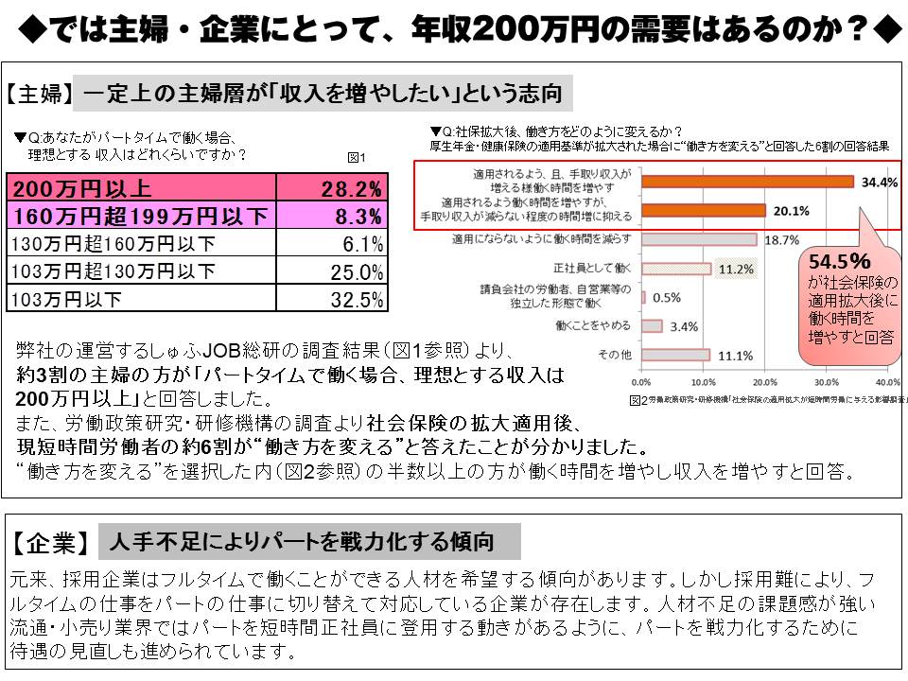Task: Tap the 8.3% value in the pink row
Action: (x=358, y=216)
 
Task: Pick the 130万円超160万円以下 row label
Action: (x=113, y=244)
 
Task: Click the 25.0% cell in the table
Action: (x=358, y=272)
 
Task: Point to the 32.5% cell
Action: (x=358, y=301)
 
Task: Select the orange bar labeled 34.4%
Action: (x=747, y=182)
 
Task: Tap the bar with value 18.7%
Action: (x=699, y=239)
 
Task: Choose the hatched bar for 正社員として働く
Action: (x=676, y=269)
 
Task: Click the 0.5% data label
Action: (x=667, y=297)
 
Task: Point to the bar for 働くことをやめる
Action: (x=652, y=326)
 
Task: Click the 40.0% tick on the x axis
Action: (x=887, y=382)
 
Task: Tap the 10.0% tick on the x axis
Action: (x=703, y=382)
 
